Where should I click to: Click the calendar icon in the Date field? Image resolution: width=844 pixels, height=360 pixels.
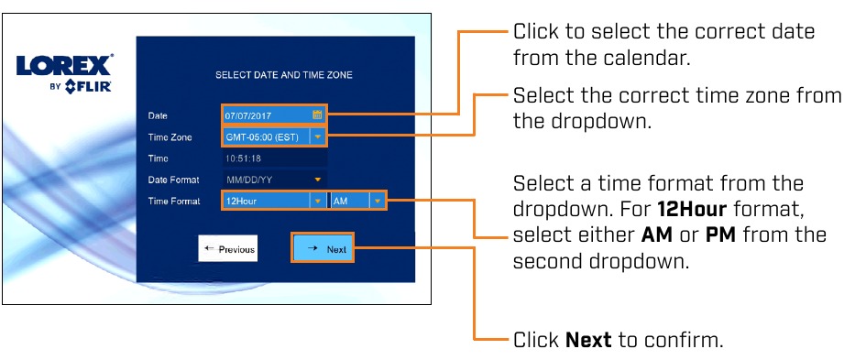click(x=317, y=115)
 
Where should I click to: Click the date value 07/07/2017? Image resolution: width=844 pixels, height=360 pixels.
click(x=248, y=115)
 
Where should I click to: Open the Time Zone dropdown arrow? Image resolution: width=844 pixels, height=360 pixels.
click(x=318, y=137)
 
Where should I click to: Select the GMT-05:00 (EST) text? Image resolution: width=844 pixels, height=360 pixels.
click(x=262, y=137)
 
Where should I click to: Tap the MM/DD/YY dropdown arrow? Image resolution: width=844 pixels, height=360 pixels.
click(x=318, y=180)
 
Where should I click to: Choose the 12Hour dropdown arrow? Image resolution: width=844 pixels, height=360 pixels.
click(x=318, y=202)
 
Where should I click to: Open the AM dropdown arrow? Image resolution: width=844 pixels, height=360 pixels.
click(x=378, y=202)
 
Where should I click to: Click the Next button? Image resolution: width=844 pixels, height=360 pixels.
click(x=323, y=248)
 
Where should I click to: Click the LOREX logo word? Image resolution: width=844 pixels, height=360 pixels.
click(x=64, y=65)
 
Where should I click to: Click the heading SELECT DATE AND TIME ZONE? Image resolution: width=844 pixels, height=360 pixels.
click(x=284, y=75)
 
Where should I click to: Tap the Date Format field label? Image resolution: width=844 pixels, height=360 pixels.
click(x=173, y=180)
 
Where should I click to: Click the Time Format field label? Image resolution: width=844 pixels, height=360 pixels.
click(x=174, y=202)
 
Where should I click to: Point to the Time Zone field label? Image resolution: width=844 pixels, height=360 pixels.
click(x=170, y=137)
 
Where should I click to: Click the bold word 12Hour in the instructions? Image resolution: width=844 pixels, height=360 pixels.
click(x=692, y=210)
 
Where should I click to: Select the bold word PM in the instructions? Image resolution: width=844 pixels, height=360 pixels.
click(x=719, y=235)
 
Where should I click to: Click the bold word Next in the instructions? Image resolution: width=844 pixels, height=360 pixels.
click(x=588, y=340)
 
